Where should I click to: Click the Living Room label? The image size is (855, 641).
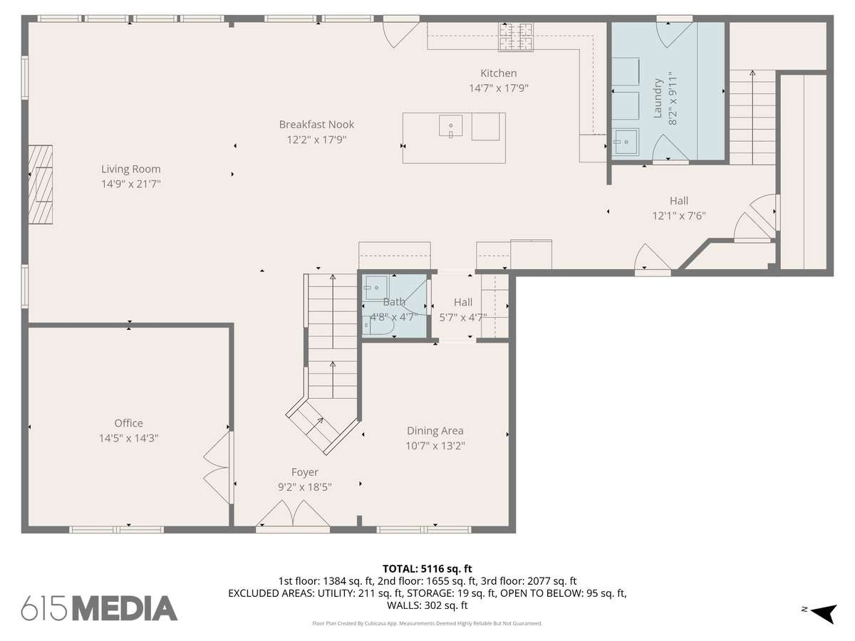131,170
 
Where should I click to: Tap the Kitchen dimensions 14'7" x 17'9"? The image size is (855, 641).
499,88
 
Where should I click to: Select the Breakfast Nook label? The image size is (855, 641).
316,125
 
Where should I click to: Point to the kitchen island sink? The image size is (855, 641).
451,126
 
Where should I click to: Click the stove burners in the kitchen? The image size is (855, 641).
516,37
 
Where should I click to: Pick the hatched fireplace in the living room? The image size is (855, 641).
41,184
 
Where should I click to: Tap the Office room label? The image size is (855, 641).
128,423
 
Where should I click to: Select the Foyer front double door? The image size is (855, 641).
293,514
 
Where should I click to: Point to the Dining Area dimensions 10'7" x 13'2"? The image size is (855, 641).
435,446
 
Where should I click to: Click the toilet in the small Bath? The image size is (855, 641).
378,325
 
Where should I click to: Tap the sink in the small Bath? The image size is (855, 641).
375,288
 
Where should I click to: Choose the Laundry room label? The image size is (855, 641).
658,98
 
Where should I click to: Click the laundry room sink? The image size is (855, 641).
625,142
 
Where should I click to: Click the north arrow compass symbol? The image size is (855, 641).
822,614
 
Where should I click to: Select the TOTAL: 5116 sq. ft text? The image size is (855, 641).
427,569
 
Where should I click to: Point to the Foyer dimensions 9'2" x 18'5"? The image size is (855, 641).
305,487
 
